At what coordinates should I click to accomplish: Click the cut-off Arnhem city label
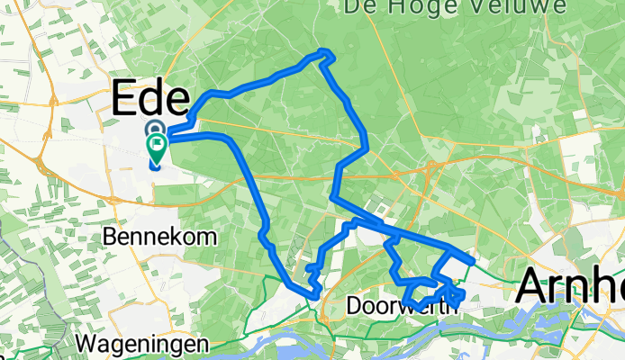point(569,291)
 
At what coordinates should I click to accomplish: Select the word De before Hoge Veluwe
point(361,8)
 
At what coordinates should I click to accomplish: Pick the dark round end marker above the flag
point(154,130)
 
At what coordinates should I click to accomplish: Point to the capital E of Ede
point(125,98)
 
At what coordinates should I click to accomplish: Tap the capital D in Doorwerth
point(354,306)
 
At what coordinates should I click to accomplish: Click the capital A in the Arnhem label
point(532,291)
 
